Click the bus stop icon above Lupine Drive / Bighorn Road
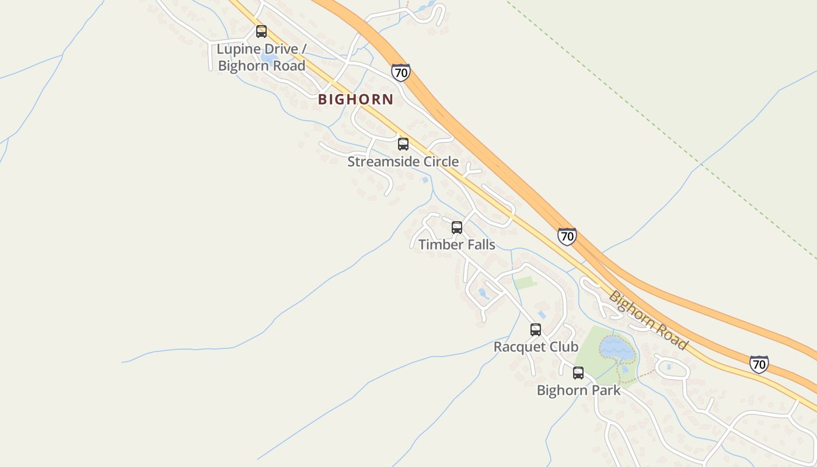pos(261,32)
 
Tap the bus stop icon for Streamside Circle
pos(403,144)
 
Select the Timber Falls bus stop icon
pos(457,228)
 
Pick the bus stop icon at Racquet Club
pos(536,330)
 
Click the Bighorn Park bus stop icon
pos(578,373)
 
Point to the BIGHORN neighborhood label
pos(356,99)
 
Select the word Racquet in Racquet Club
pos(519,347)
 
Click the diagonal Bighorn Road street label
pos(648,320)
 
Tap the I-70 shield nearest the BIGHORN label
pos(401,72)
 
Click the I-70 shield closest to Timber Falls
pos(567,236)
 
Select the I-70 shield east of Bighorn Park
pos(759,364)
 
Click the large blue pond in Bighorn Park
pos(616,348)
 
